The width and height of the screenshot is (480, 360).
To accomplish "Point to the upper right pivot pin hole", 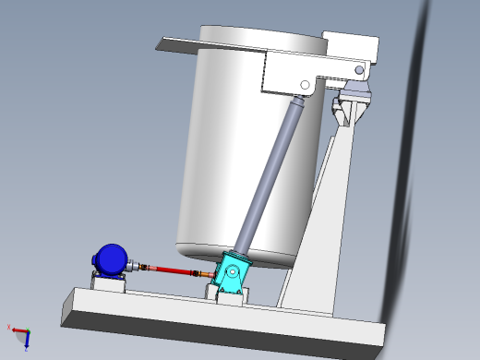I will (x=361, y=68).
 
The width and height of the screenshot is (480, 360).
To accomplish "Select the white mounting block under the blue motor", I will (x=108, y=282).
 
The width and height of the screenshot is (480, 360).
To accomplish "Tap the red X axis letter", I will (x=9, y=327).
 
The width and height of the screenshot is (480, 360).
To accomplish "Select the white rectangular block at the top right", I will (x=351, y=46).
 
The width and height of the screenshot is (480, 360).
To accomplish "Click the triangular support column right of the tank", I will (x=318, y=231).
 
